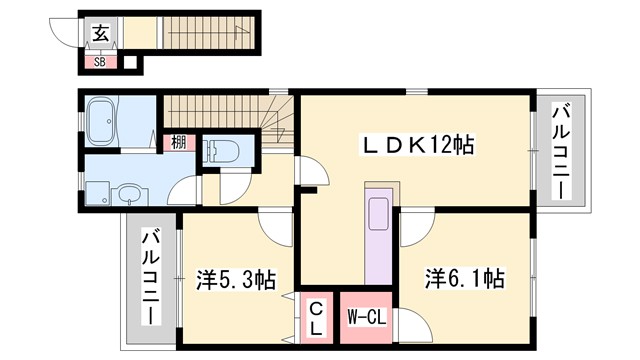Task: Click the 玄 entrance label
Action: click(x=100, y=32)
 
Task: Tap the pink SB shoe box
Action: click(x=99, y=62)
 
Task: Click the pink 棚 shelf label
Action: click(x=176, y=142)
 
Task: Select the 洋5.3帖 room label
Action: click(x=237, y=280)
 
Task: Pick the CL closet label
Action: click(x=315, y=317)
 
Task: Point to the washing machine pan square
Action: click(x=100, y=191)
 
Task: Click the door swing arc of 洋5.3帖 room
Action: click(x=272, y=226)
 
